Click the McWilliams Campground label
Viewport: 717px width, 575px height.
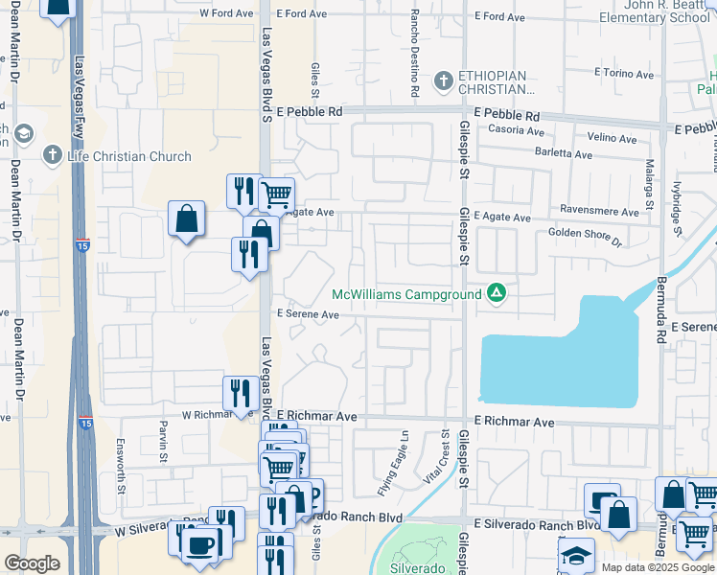[x=406, y=294]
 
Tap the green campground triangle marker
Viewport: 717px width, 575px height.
[x=497, y=293]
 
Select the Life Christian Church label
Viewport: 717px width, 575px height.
[x=129, y=156]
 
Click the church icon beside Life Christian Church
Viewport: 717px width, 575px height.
[x=54, y=154]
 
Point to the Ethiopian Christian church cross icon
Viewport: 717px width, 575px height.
[x=443, y=80]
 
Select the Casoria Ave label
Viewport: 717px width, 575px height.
[x=516, y=131]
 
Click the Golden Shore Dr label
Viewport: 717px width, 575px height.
[x=585, y=233]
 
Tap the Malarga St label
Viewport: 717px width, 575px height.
[x=649, y=184]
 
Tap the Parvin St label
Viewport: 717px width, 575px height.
[x=164, y=439]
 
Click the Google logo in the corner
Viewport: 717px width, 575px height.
[x=33, y=563]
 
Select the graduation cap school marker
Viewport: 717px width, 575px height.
[x=577, y=555]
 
